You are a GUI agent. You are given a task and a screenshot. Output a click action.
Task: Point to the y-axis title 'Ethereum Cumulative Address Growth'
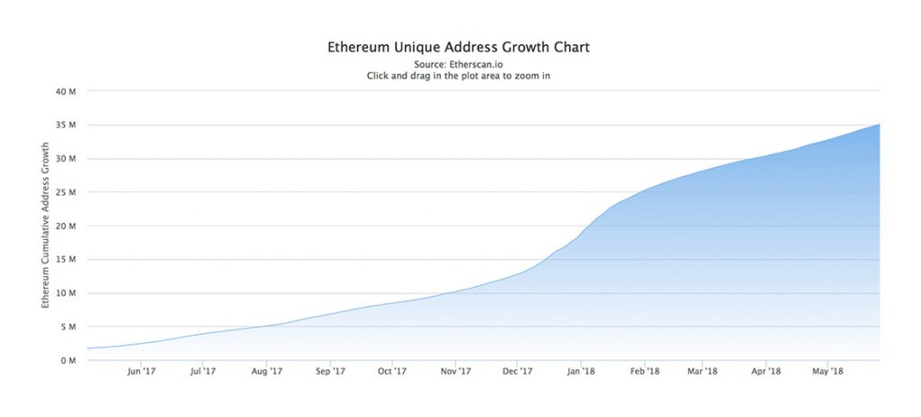click(x=45, y=225)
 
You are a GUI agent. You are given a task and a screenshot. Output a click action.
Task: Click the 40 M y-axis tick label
click(x=66, y=92)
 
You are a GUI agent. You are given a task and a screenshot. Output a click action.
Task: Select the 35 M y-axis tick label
click(x=66, y=125)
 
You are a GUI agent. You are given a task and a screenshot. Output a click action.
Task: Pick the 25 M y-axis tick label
click(x=66, y=192)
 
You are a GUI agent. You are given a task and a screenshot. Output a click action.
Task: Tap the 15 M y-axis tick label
click(x=66, y=260)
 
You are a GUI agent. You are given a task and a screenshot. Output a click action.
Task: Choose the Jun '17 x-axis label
click(x=141, y=371)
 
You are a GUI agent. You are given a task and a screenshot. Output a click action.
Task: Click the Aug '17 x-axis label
click(x=267, y=371)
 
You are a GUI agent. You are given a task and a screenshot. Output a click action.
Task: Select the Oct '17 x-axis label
click(x=393, y=371)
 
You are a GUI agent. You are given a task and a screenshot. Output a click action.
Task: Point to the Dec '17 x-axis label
click(x=519, y=371)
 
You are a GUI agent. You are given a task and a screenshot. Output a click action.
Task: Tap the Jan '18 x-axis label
click(x=582, y=371)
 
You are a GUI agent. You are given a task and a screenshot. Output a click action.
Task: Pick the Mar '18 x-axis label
click(x=702, y=371)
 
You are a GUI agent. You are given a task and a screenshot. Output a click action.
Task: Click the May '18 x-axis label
click(x=827, y=371)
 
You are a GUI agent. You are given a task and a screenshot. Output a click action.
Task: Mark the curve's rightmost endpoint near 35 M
click(x=879, y=124)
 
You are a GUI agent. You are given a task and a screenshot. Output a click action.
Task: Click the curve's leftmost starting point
click(x=87, y=348)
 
